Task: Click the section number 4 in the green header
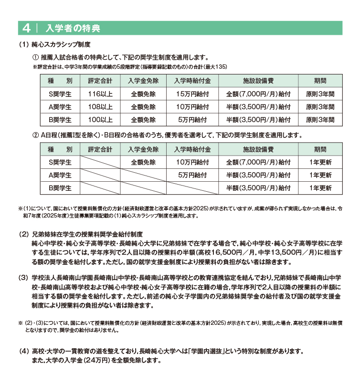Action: [26, 28]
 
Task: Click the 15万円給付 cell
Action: [193, 94]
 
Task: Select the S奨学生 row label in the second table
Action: [60, 163]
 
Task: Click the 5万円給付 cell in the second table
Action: [193, 175]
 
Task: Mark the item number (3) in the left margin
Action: [23, 278]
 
